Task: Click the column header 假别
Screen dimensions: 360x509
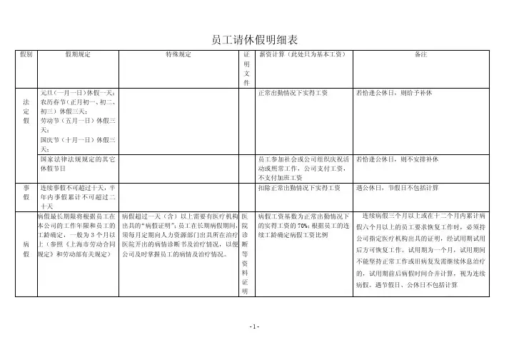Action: (26, 54)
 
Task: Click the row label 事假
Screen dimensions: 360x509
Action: (26, 191)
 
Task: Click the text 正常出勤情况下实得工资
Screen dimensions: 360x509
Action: (293, 93)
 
